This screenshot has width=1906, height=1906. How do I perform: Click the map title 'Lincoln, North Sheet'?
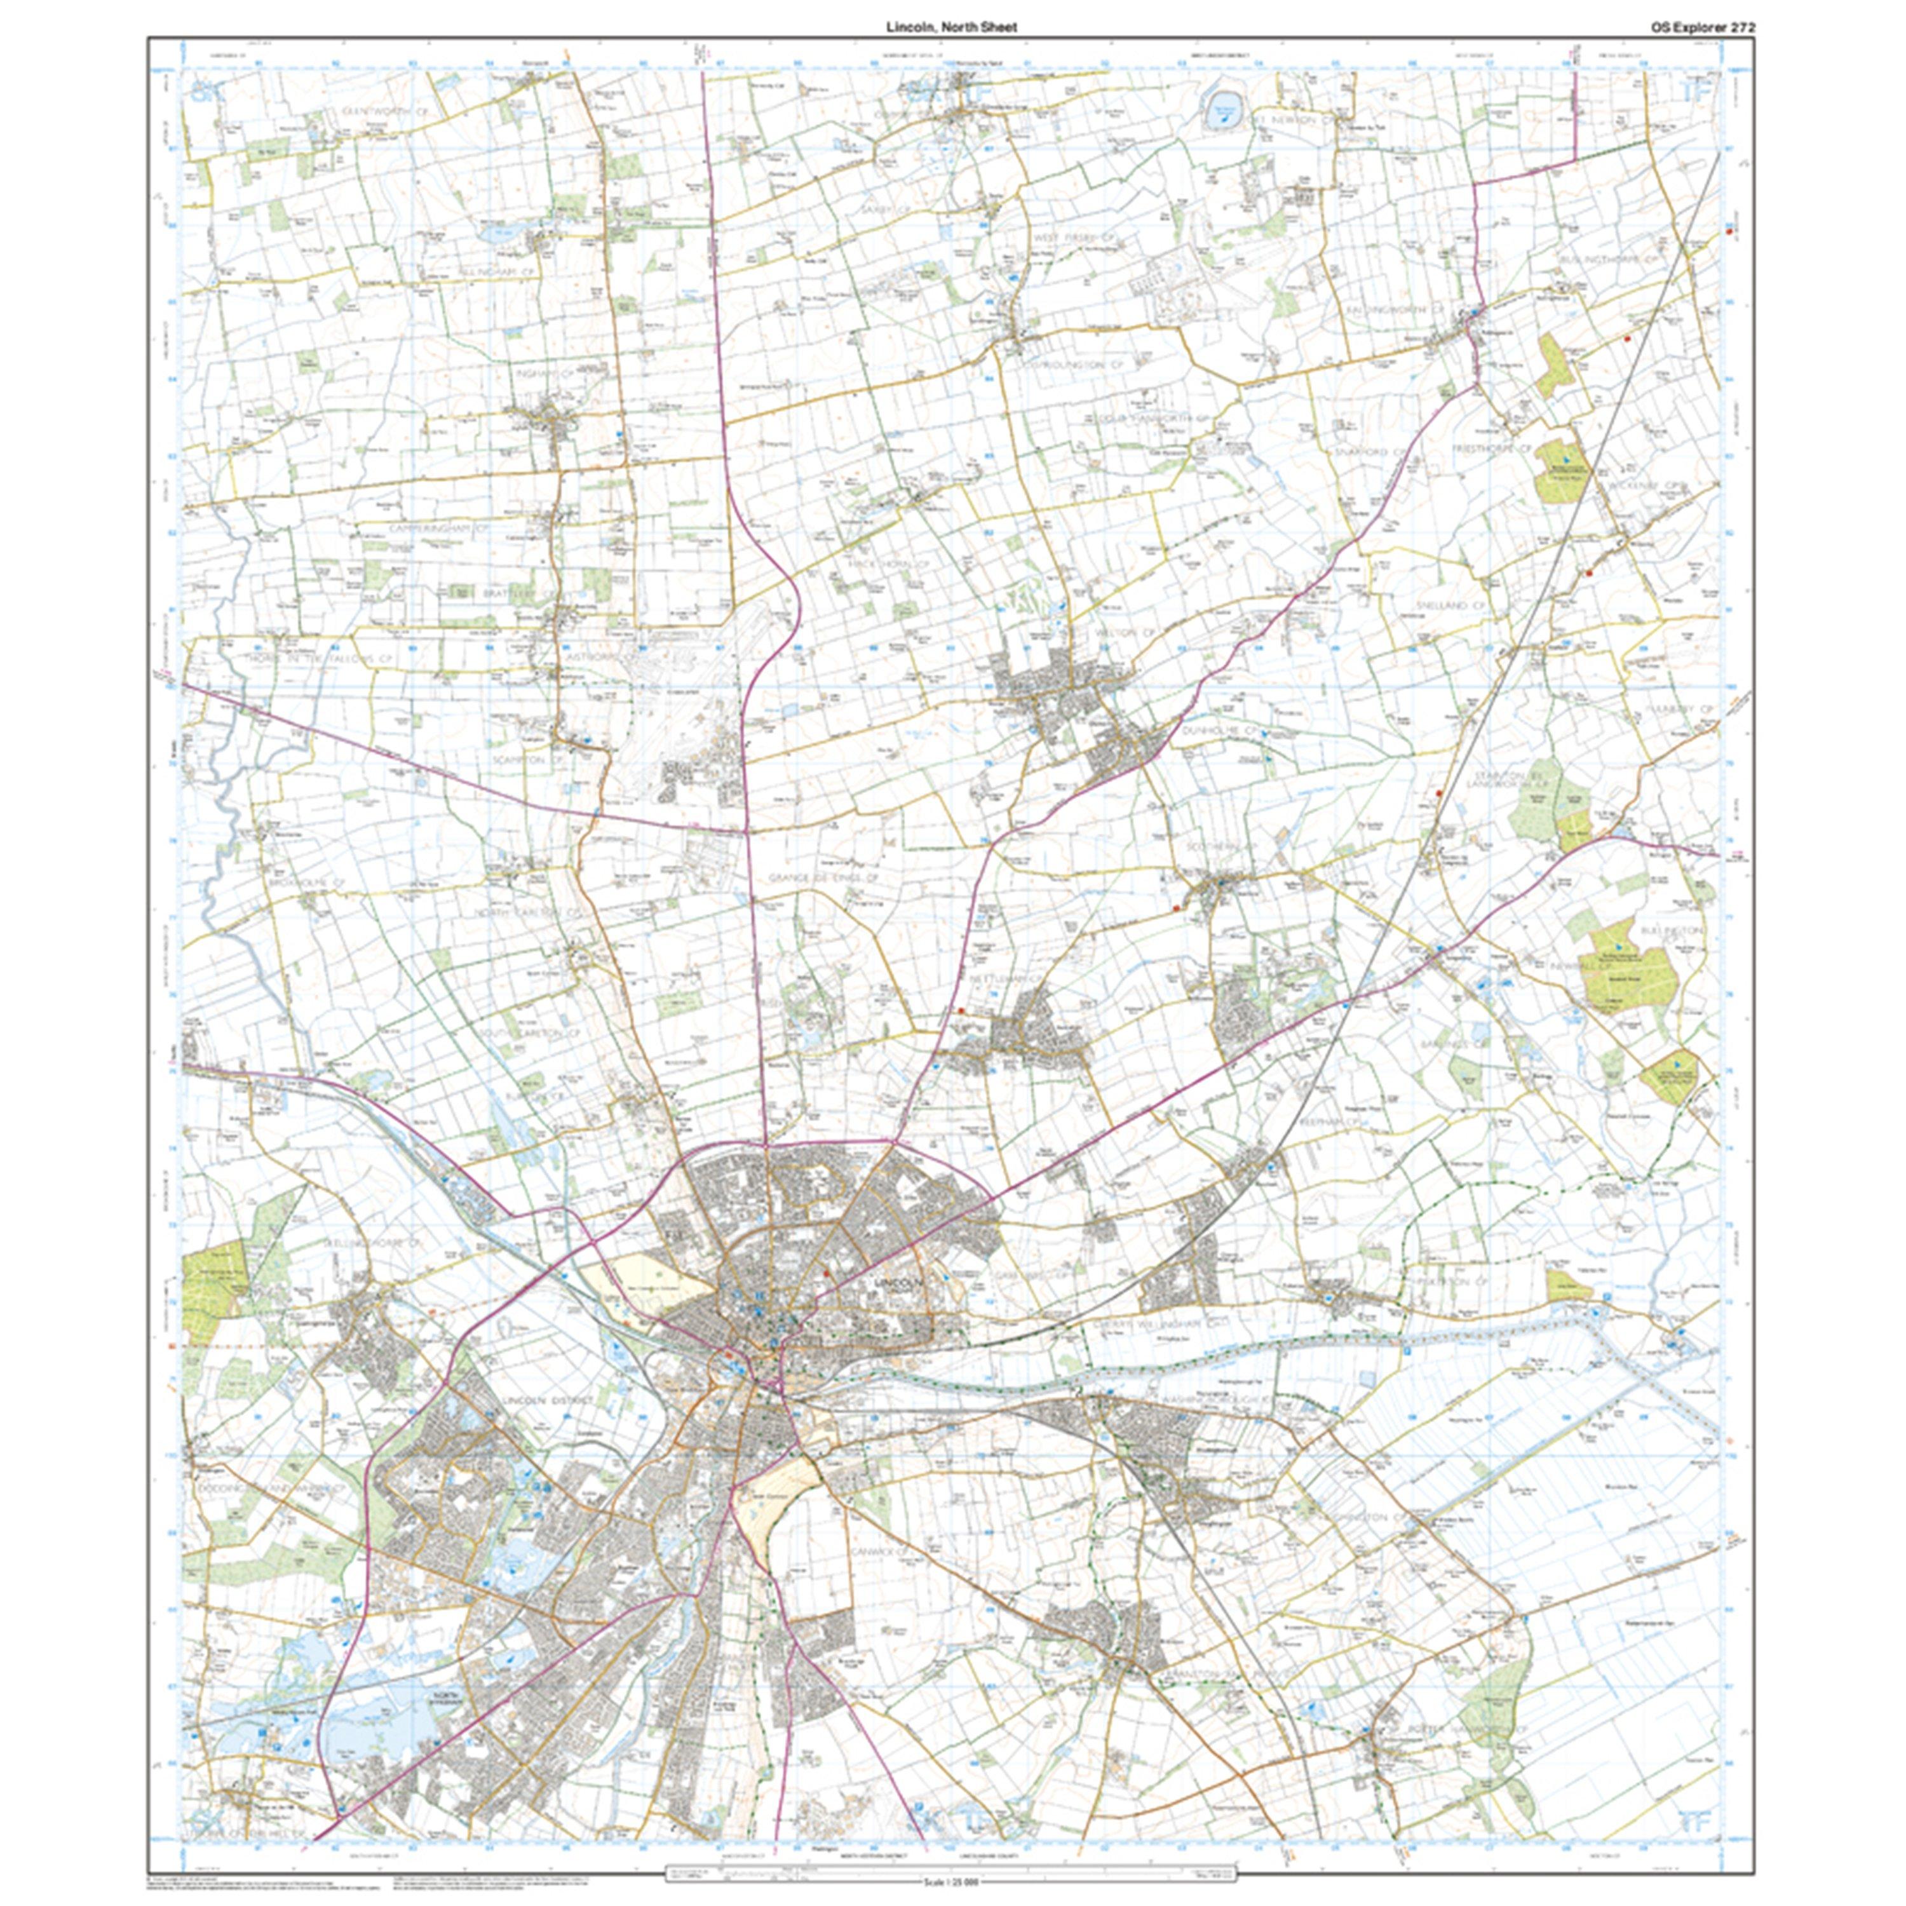[x=951, y=29]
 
